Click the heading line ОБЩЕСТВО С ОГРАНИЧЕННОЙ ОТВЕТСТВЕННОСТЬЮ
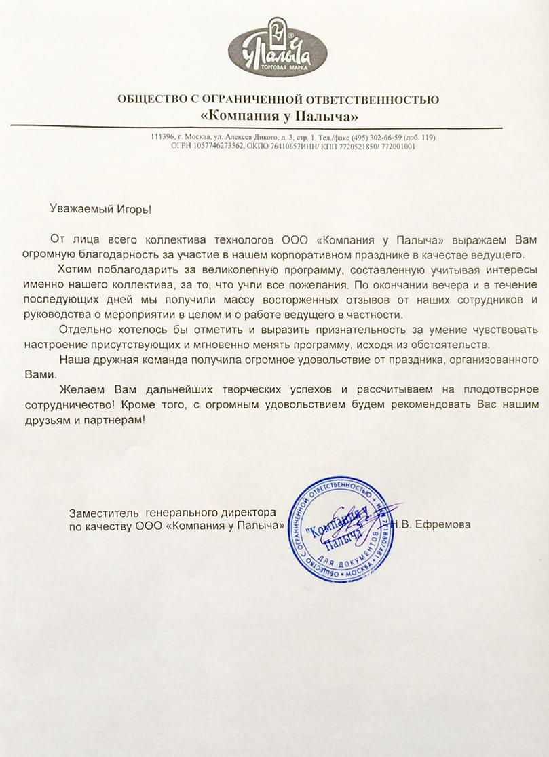pos(278,100)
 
